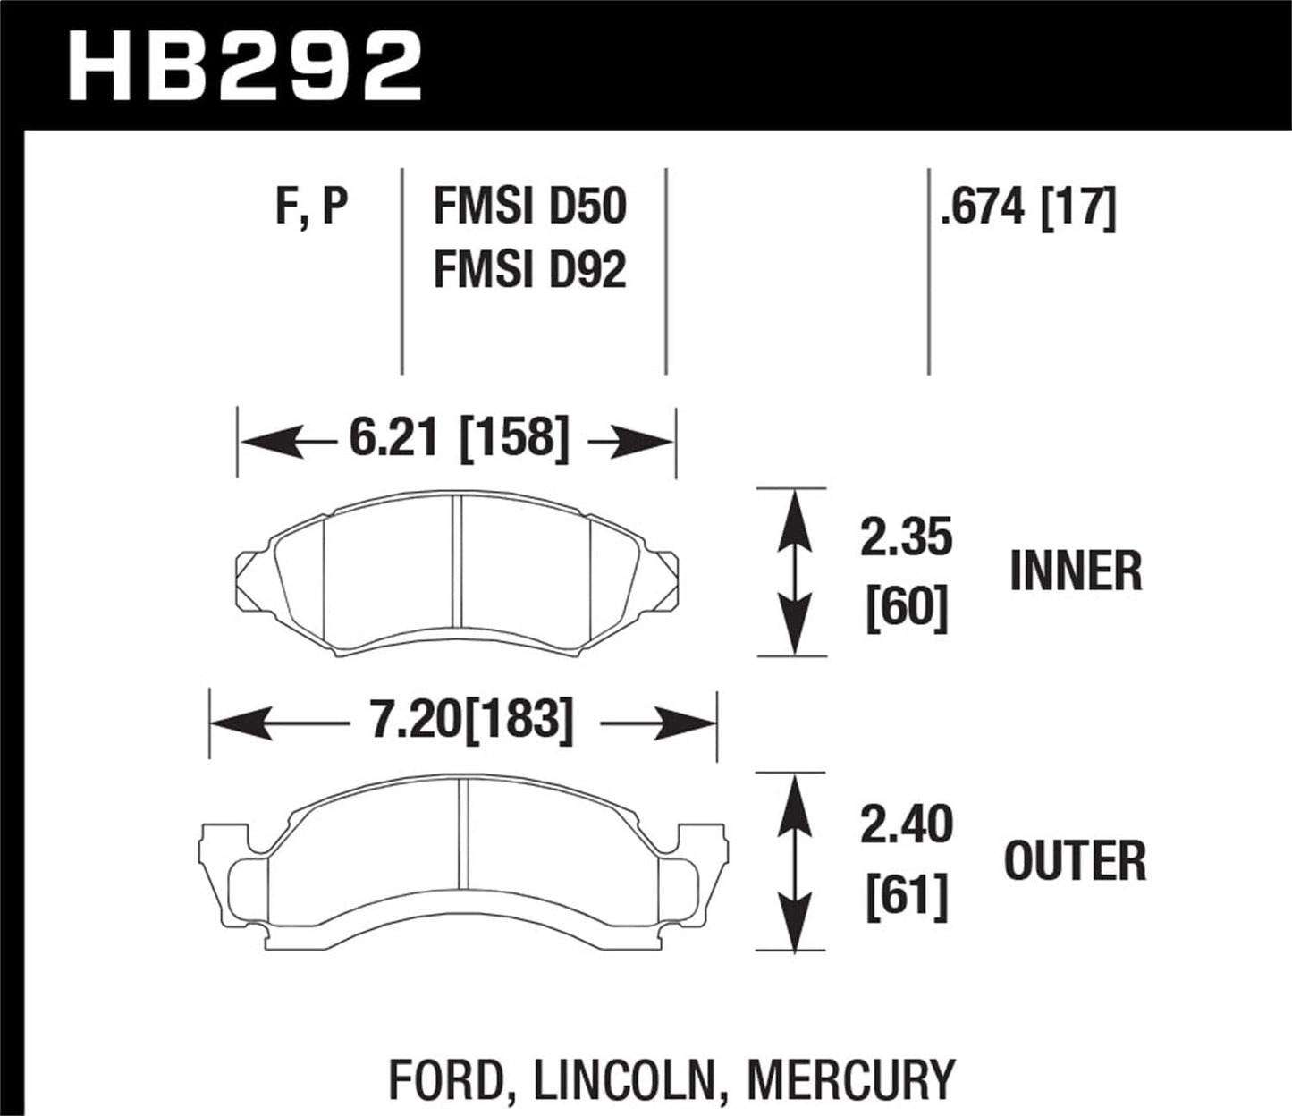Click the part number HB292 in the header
(243, 65)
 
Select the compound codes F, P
(310, 207)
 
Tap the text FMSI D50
(529, 207)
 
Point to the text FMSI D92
(529, 270)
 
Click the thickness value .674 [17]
(1027, 207)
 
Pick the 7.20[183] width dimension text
(471, 720)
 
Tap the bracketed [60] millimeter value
(906, 611)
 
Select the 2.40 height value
(906, 825)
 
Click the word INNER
(1076, 572)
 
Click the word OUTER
(1075, 860)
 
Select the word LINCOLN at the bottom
(626, 1079)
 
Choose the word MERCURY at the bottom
(850, 1079)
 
